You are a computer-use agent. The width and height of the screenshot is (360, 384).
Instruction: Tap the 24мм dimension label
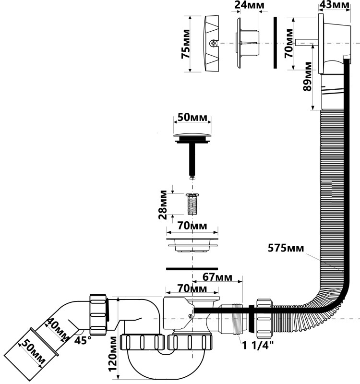245,5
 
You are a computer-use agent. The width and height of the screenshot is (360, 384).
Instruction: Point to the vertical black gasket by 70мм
275,43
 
